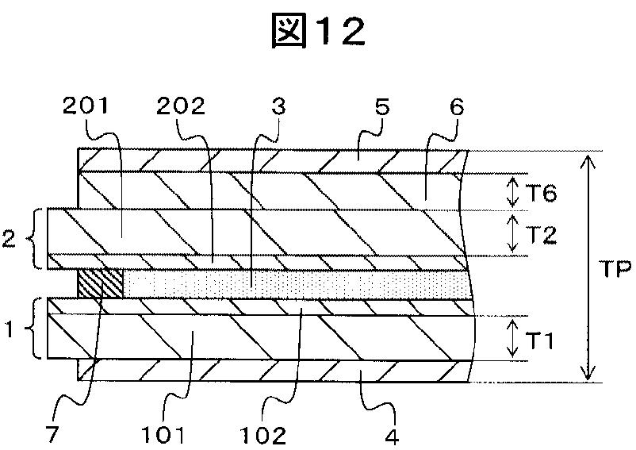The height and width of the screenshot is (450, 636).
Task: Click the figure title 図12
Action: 317,33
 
